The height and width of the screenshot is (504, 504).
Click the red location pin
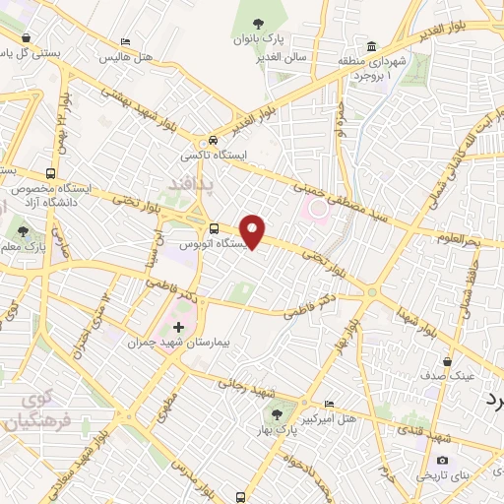tap(254, 231)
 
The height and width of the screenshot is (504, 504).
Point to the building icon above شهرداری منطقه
tap(371, 46)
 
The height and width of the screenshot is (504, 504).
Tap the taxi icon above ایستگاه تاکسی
tap(214, 141)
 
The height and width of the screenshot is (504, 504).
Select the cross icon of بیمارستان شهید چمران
tap(177, 326)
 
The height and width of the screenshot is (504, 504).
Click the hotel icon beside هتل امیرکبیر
tap(329, 404)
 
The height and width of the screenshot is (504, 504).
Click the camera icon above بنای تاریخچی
tap(442, 460)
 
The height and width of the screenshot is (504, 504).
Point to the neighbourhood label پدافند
tap(172, 183)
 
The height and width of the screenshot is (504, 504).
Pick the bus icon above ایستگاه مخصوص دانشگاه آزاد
tap(51, 168)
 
